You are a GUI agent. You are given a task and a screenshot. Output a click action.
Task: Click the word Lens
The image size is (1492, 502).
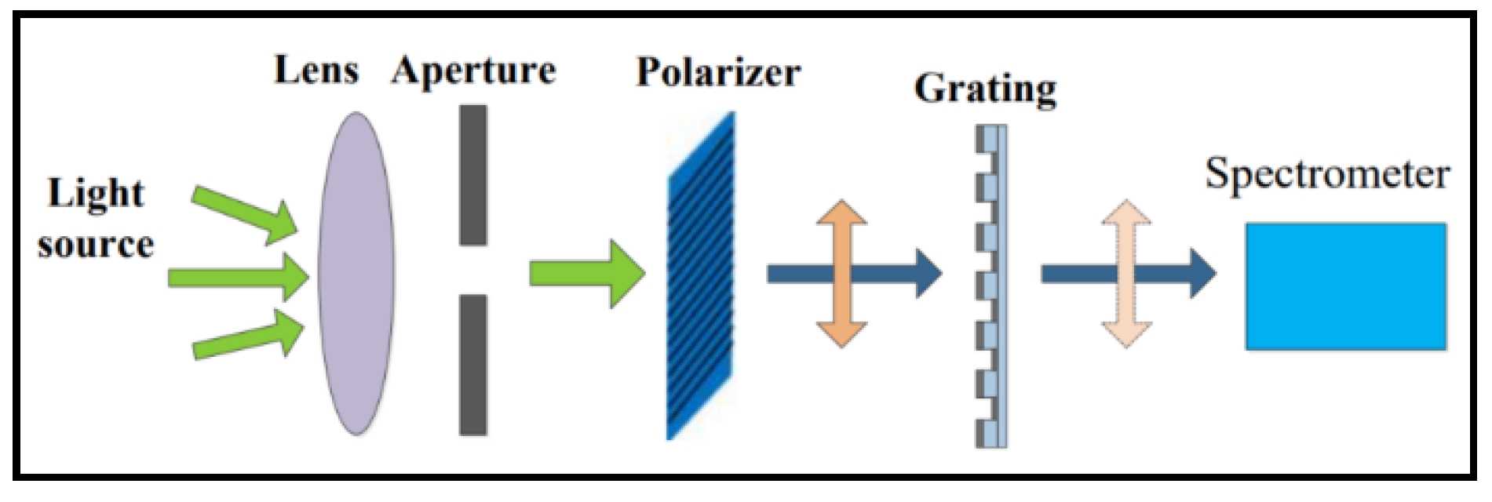click(316, 71)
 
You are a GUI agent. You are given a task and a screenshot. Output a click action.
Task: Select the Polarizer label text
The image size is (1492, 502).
click(718, 73)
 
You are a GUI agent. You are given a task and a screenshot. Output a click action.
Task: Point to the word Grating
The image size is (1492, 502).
click(985, 89)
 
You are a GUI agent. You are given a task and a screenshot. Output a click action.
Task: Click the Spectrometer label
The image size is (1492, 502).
click(1327, 174)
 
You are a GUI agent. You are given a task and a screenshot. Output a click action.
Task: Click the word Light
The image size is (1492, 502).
click(96, 194)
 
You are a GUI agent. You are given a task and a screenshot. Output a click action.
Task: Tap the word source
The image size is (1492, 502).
click(96, 246)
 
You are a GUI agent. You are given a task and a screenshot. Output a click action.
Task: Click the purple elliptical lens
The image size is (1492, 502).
click(356, 273)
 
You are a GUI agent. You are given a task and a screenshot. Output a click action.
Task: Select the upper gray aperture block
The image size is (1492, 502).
click(472, 175)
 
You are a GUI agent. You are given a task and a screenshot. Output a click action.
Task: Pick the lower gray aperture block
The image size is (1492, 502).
click(472, 365)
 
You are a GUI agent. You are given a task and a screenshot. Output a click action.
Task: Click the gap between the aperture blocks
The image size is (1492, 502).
click(472, 271)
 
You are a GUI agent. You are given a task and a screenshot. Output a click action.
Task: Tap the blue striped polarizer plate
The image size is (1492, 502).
click(701, 275)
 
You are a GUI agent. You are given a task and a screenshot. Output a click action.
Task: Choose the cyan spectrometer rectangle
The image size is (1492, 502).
click(1345, 286)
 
